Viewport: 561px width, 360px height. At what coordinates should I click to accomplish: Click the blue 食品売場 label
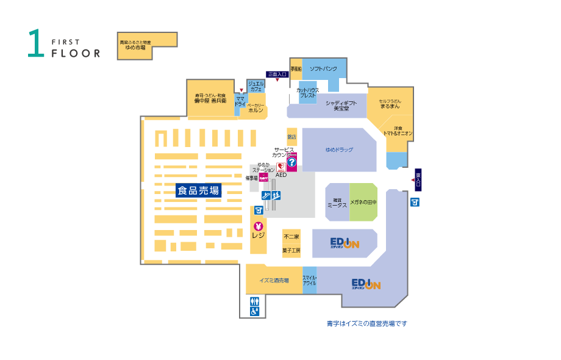198,190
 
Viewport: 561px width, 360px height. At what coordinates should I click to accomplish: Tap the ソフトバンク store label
323,69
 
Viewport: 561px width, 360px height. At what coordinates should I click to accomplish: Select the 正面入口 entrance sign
277,74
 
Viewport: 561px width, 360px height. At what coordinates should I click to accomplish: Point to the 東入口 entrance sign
418,179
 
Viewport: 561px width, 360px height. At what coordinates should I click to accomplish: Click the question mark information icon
291,162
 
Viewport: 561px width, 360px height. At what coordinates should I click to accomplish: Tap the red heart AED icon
280,167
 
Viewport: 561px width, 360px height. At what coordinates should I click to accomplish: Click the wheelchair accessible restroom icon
254,311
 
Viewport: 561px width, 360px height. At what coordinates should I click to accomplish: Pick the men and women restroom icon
254,300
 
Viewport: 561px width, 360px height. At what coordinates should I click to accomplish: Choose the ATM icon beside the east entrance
415,202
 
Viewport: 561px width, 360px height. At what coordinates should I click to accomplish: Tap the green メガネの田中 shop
363,201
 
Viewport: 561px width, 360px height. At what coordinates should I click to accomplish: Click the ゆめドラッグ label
339,149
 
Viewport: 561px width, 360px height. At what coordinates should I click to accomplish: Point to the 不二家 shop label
291,237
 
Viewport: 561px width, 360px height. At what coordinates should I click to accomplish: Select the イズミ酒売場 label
274,280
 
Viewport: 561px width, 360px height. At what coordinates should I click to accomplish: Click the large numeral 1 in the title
36,44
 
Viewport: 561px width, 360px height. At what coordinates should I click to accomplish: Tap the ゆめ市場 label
135,48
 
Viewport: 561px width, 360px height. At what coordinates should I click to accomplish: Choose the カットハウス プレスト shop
307,93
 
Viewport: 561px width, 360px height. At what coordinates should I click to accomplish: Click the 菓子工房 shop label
291,250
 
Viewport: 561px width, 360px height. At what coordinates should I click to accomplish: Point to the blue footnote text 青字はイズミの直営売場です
366,323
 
